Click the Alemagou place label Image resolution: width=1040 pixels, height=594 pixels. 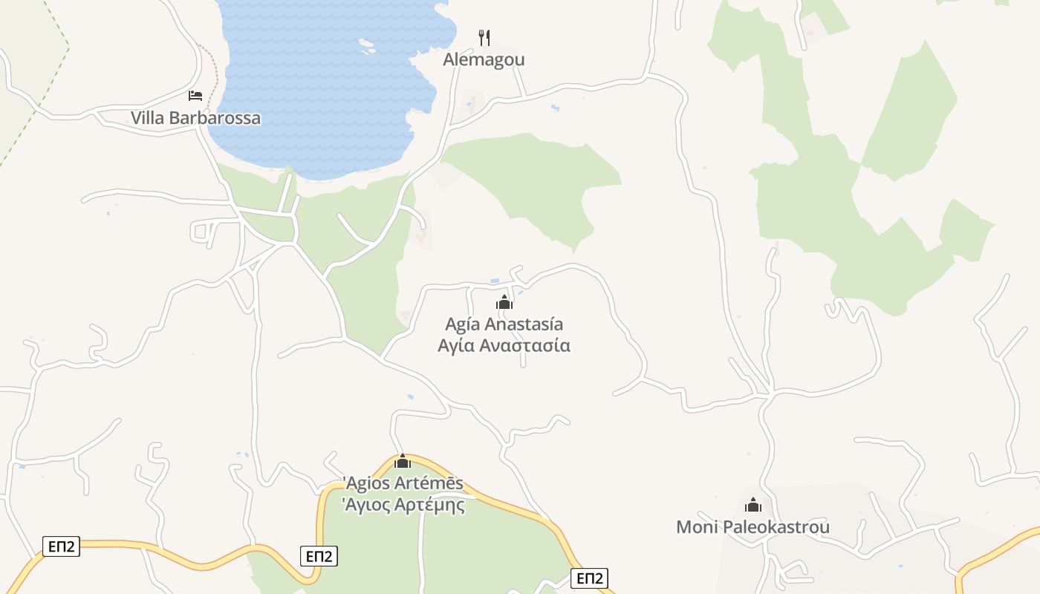484,59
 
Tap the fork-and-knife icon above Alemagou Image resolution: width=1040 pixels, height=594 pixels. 484,37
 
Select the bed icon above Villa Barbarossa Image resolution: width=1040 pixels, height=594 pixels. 195,96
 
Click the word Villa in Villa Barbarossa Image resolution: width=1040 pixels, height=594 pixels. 148,118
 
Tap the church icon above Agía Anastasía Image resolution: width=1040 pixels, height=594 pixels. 504,302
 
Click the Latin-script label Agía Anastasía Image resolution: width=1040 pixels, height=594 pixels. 504,324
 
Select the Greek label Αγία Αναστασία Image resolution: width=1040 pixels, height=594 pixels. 504,346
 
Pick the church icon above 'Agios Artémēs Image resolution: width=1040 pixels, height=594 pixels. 403,461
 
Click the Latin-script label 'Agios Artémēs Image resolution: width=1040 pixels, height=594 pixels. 403,483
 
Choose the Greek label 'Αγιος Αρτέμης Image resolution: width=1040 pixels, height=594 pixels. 403,506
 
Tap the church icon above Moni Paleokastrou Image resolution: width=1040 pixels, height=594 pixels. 753,506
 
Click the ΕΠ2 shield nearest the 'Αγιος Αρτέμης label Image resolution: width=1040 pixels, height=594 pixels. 319,556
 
